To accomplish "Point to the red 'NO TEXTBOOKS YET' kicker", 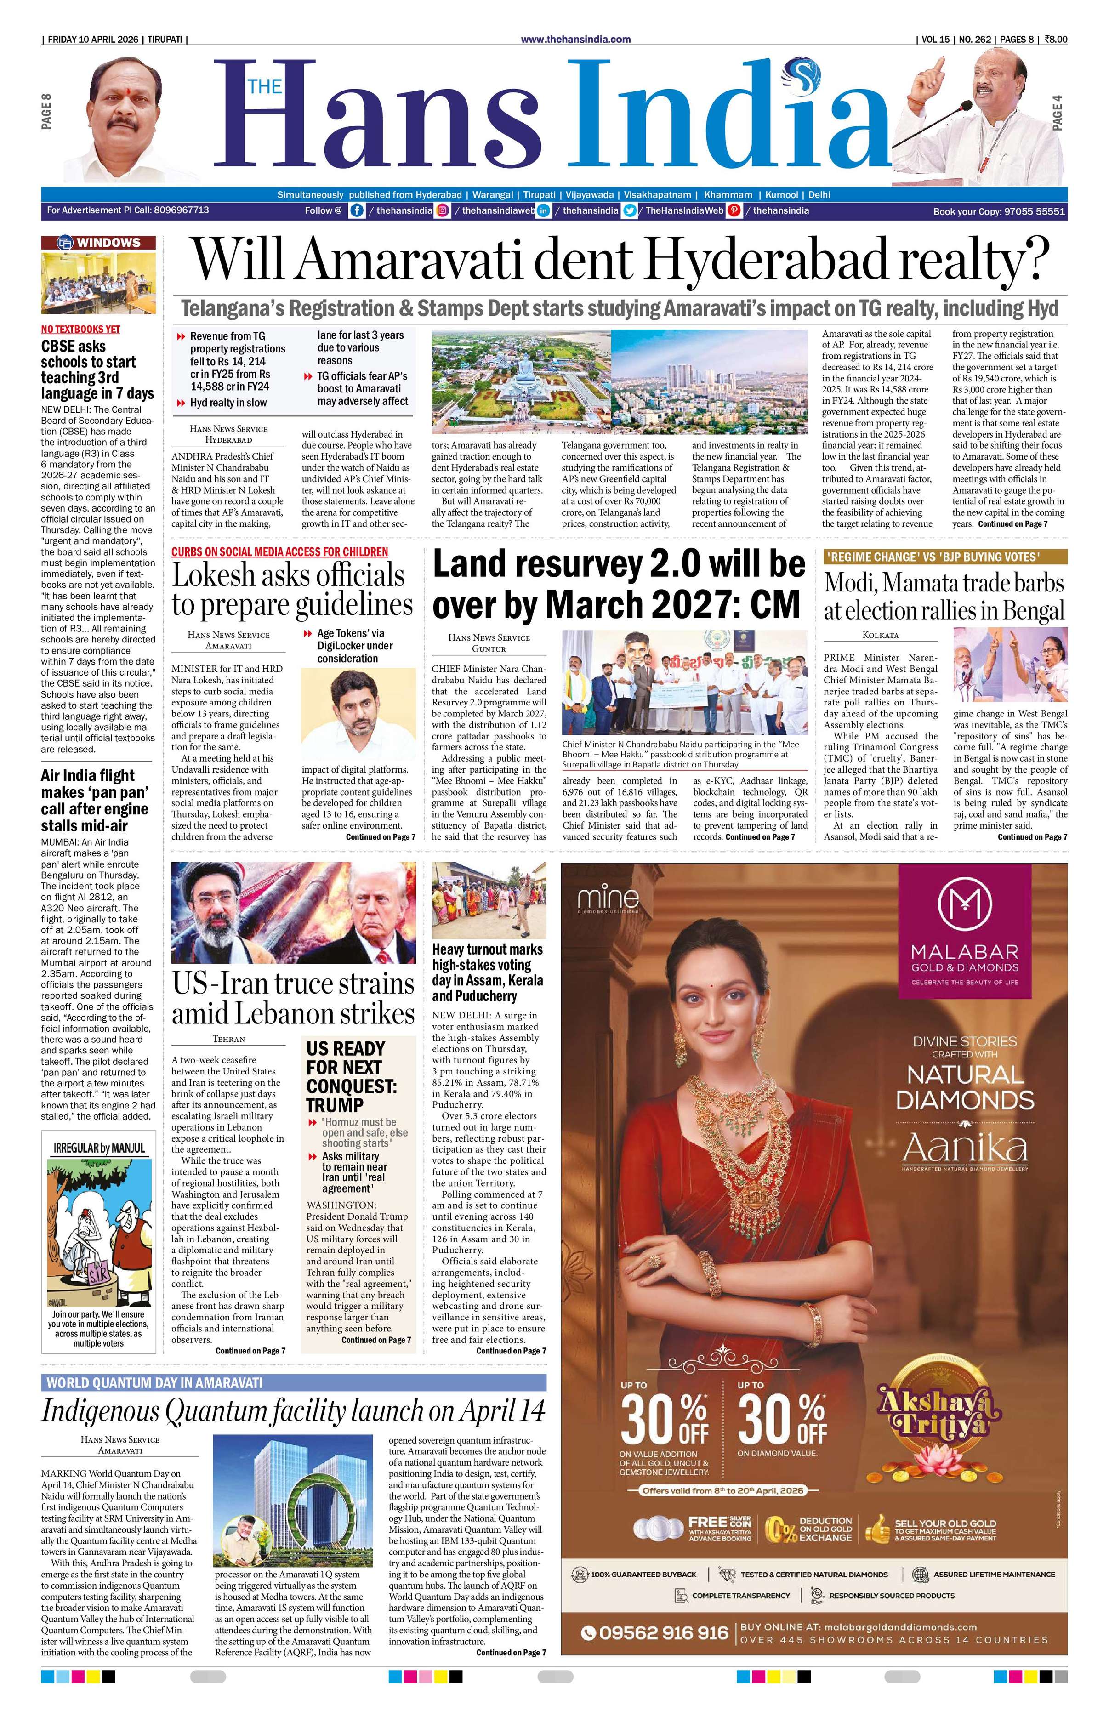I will coord(80,329).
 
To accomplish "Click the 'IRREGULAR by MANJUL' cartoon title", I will coord(98,1148).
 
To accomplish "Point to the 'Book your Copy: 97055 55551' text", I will coord(998,211).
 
